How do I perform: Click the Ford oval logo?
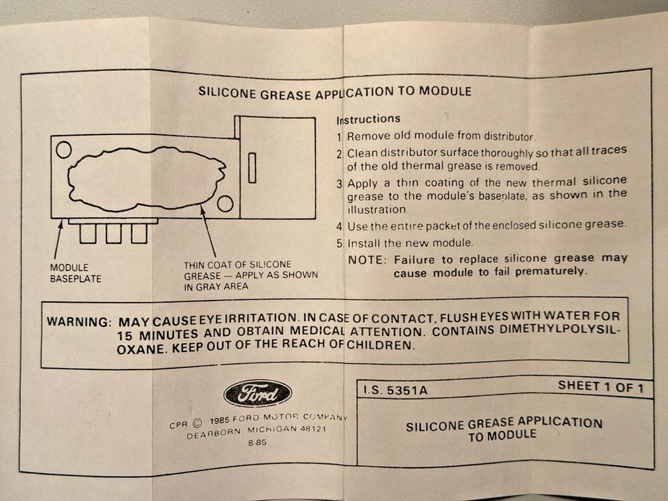pos(257,395)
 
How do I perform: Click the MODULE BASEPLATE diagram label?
pos(75,273)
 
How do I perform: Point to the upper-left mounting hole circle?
pos(63,150)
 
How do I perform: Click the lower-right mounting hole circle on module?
pos(225,203)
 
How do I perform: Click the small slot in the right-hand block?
pos(252,168)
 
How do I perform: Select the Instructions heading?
pos(368,119)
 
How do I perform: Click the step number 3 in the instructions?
pos(340,184)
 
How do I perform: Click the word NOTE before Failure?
pos(366,260)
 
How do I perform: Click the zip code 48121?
pos(311,429)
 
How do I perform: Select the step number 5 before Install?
pos(340,244)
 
